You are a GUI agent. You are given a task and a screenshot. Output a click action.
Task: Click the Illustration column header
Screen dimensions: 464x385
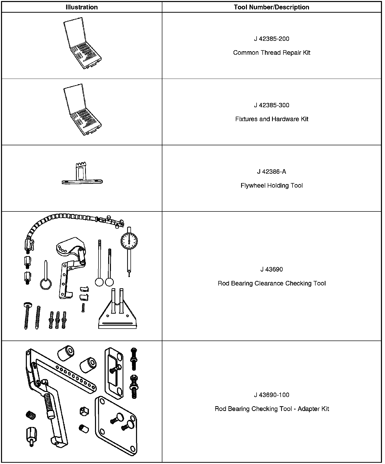coord(82,7)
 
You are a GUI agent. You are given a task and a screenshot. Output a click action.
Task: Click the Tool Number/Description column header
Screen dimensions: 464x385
coord(272,7)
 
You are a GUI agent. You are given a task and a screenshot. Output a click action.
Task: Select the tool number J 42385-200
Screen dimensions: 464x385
coord(272,39)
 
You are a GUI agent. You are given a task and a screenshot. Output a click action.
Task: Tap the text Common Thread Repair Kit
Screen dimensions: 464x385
coord(272,53)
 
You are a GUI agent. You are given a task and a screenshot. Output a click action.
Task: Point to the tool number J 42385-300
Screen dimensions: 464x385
coord(272,105)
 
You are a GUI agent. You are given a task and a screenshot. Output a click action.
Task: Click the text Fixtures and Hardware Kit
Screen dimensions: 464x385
coord(272,119)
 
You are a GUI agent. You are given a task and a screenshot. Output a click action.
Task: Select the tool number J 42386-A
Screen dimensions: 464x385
coord(272,172)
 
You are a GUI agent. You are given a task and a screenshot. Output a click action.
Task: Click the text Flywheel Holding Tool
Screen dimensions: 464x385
coord(272,186)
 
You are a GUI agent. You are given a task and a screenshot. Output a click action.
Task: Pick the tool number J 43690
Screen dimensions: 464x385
coord(272,269)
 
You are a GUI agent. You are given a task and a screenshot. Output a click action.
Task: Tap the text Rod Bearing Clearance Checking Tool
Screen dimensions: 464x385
coord(272,283)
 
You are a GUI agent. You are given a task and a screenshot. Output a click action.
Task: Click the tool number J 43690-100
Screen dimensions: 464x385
coord(272,395)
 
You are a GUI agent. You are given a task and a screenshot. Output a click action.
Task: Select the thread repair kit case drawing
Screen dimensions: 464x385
coord(82,44)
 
